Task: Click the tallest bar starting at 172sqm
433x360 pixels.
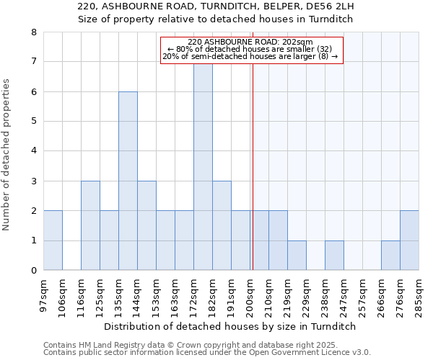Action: point(203,166)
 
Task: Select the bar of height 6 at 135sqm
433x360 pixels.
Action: point(128,181)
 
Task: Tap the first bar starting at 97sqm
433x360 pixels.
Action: point(53,240)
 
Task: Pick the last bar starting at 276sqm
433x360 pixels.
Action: point(409,240)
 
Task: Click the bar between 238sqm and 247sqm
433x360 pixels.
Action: point(334,256)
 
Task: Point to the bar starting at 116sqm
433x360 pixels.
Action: point(90,225)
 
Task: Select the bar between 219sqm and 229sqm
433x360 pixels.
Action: point(297,256)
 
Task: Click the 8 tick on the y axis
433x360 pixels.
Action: point(33,32)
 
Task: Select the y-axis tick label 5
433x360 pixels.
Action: point(33,122)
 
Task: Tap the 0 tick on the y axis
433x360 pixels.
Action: point(33,271)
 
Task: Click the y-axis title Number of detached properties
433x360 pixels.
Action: point(7,155)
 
